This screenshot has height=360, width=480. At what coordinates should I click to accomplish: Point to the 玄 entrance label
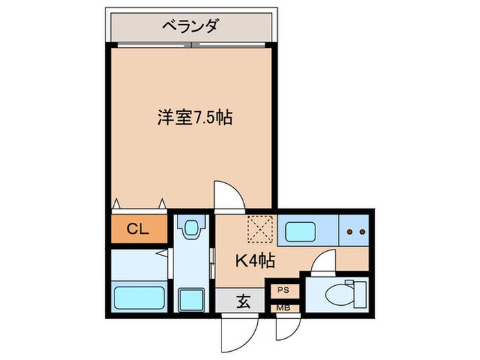click(243, 300)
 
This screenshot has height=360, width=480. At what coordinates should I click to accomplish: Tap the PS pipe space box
click(283, 291)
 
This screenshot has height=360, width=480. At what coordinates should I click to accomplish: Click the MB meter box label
click(283, 308)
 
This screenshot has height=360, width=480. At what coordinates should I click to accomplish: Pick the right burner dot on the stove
click(361, 232)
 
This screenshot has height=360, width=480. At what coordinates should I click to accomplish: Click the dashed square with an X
click(259, 228)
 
